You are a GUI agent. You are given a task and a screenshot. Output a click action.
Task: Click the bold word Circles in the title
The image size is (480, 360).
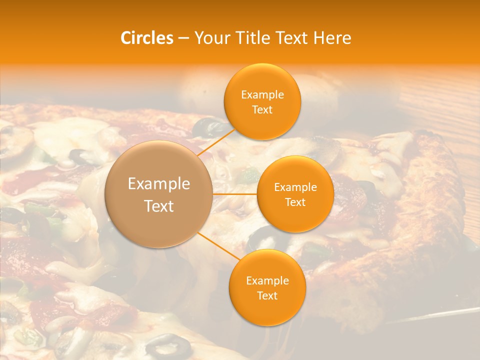pyautogui.click(x=147, y=38)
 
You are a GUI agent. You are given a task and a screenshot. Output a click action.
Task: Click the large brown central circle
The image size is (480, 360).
pyautogui.click(x=159, y=194)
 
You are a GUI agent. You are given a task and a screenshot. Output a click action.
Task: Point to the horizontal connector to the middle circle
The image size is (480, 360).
pyautogui.click(x=235, y=194)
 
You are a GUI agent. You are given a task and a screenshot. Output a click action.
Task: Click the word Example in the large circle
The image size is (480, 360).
pyautogui.click(x=159, y=184)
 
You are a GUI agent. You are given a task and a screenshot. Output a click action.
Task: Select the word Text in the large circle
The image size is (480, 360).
pyautogui.click(x=159, y=206)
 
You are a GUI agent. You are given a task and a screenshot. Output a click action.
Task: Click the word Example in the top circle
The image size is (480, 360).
pyautogui.click(x=262, y=95)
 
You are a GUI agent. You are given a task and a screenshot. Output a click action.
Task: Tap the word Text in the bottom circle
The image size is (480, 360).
pyautogui.click(x=267, y=295)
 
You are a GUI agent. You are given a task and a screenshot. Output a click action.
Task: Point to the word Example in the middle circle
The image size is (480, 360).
pyautogui.click(x=295, y=187)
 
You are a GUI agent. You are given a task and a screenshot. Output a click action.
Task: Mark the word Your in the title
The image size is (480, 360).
pyautogui.click(x=210, y=38)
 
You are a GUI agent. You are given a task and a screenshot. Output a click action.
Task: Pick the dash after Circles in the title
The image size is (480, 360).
pyautogui.click(x=183, y=38)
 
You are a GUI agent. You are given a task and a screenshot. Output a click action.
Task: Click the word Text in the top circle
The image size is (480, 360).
pyautogui.click(x=262, y=109)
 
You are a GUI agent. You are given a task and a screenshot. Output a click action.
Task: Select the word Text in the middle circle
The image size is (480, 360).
pyautogui.click(x=295, y=202)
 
